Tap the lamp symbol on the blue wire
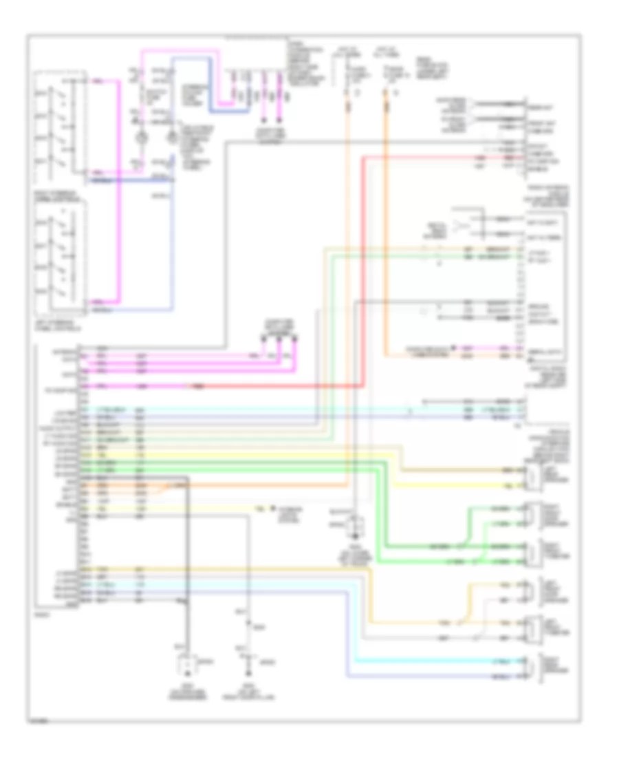click(x=172, y=137)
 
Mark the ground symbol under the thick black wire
click(x=186, y=665)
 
